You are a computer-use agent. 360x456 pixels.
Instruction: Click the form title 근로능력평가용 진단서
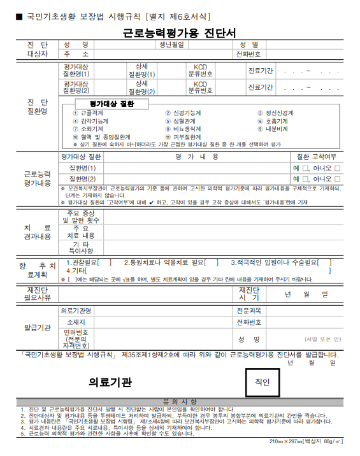[x=180, y=32]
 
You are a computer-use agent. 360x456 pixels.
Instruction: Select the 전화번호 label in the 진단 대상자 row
[x=249, y=55]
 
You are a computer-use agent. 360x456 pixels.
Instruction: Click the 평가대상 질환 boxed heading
[x=111, y=104]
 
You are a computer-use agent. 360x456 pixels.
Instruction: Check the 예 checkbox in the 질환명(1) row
[x=308, y=168]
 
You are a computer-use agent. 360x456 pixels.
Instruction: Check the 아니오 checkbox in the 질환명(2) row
[x=338, y=179]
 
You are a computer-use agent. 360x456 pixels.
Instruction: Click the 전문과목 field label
[x=248, y=311]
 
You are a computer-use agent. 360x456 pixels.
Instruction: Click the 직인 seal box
[x=263, y=382]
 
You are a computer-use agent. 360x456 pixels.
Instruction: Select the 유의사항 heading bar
[x=180, y=401]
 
